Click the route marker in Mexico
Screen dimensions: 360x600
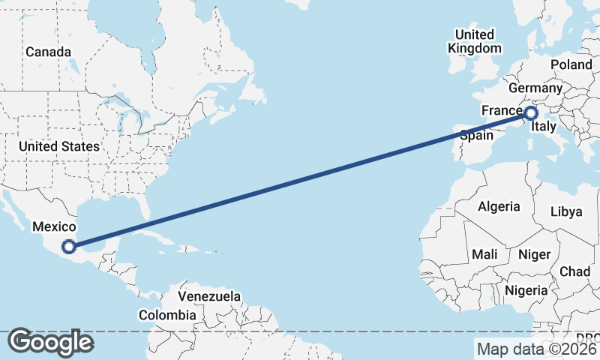tap(69, 246)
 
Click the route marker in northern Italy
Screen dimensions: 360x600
tap(531, 114)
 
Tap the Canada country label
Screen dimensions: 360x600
tap(48, 52)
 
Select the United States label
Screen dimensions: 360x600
tap(59, 146)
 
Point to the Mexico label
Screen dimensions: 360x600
tap(53, 226)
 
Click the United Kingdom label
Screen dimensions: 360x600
tap(475, 41)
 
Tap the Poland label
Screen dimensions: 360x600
tap(571, 65)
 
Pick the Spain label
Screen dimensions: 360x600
tap(476, 136)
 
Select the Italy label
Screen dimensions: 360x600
tap(543, 127)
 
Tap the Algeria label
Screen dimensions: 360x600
tap(499, 206)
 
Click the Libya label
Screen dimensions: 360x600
tap(566, 211)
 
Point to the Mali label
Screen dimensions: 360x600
tap(484, 254)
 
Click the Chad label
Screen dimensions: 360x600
tap(574, 271)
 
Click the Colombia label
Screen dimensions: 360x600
tap(167, 316)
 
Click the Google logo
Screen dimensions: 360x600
tap(50, 342)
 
